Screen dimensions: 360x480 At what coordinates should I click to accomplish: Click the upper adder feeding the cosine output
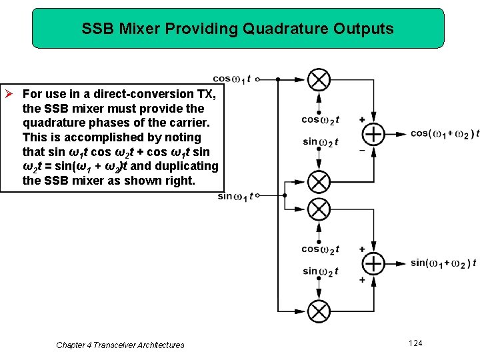coord(373,135)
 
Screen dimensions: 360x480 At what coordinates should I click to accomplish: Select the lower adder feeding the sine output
coord(373,263)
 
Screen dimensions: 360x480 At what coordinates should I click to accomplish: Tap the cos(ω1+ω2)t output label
coord(444,134)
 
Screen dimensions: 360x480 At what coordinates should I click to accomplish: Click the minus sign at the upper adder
coord(362,150)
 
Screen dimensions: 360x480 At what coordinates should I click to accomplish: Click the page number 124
coord(415,343)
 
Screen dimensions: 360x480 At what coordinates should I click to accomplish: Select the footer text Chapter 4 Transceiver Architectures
coord(120,345)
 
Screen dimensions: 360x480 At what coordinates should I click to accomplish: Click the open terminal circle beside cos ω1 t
coord(258,79)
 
